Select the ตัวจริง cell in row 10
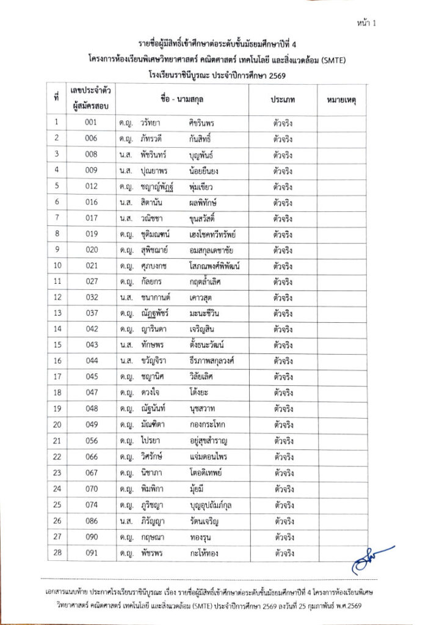tap(281, 266)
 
